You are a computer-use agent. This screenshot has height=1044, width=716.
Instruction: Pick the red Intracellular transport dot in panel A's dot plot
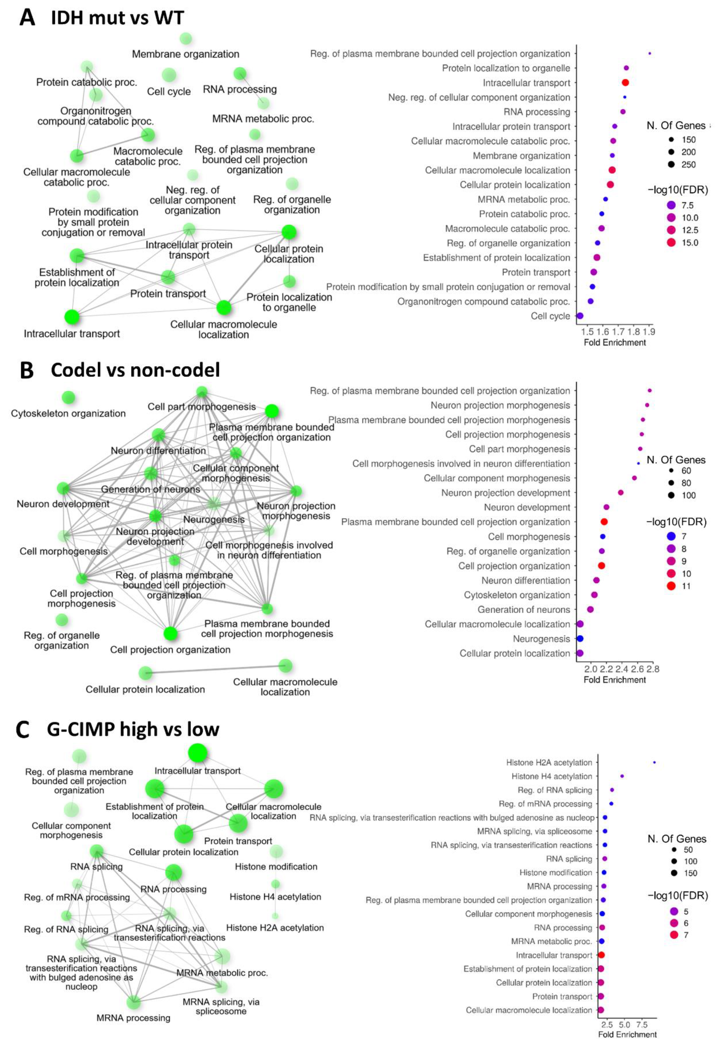[x=625, y=83]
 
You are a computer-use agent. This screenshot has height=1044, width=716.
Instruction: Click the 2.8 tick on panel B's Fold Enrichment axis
[x=653, y=669]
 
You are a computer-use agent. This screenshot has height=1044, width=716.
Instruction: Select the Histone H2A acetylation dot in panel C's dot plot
[x=654, y=762]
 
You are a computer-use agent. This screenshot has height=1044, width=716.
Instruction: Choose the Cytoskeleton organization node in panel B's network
[x=68, y=397]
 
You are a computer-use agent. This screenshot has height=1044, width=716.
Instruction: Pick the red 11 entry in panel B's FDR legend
[x=672, y=586]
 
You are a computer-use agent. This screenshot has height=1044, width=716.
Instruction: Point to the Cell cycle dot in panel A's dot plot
[x=580, y=316]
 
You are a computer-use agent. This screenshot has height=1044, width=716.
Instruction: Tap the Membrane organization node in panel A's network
[x=186, y=39]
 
